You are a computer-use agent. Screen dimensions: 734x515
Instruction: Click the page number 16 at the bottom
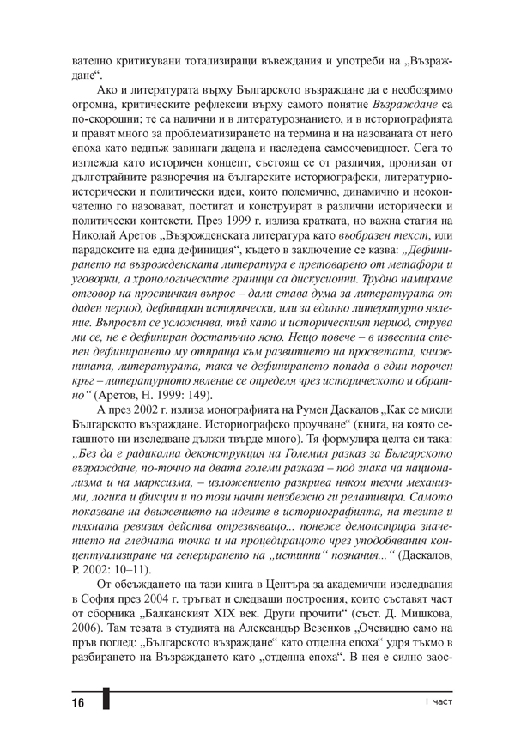pyautogui.click(x=77, y=704)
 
